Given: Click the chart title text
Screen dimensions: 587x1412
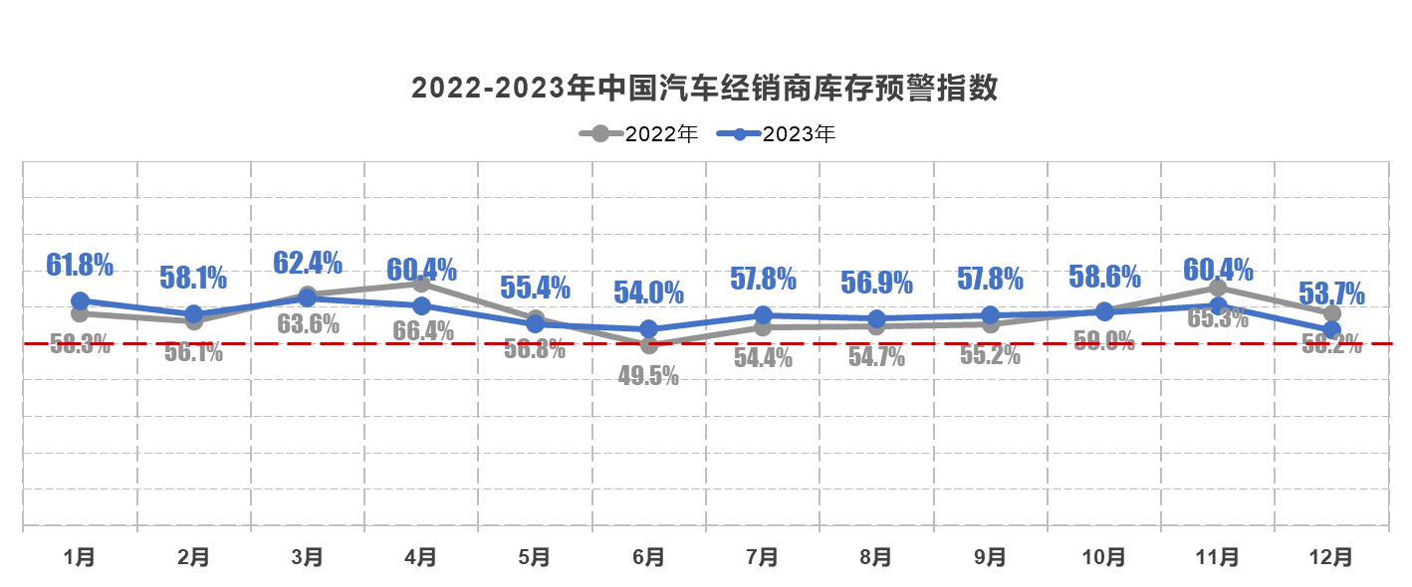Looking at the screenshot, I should (705, 89).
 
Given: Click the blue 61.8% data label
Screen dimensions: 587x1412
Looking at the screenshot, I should (80, 265).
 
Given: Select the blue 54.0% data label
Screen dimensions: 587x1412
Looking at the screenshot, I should (648, 293).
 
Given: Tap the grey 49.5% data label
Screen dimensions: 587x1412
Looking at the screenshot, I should (648, 376).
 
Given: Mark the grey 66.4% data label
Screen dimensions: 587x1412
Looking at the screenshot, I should (422, 330).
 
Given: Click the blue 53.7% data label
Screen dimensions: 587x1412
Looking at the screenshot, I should (1331, 293).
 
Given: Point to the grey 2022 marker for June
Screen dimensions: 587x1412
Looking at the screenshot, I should (648, 345).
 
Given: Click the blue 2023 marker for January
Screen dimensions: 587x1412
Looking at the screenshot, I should (80, 300).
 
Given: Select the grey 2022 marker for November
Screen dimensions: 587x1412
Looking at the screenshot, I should (1218, 288).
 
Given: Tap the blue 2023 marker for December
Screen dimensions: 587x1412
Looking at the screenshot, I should (1331, 329).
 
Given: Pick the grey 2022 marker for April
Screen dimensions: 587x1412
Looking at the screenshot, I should (421, 284).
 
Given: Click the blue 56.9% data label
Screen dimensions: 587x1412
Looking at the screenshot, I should (876, 283).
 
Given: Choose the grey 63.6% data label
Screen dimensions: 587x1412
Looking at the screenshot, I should (309, 323).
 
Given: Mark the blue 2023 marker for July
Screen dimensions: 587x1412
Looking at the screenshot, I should (763, 315).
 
